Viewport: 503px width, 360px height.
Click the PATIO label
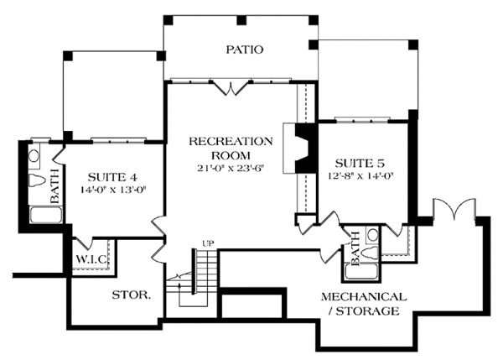[x=244, y=50]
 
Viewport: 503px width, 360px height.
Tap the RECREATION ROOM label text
[x=231, y=148]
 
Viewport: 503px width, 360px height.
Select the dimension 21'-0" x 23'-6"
[x=231, y=167]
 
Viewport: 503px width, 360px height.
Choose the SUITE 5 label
[x=362, y=162]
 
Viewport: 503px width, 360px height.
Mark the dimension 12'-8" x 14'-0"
[x=362, y=175]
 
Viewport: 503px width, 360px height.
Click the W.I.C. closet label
[x=91, y=258]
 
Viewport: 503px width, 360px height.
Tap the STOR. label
[x=131, y=295]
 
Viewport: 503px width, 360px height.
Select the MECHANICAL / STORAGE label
[x=364, y=304]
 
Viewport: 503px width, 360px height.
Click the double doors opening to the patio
[x=228, y=86]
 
